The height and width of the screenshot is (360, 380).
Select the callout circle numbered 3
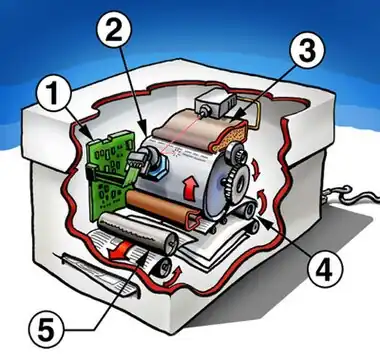click(x=307, y=50)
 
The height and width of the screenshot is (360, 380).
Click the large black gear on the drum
click(x=238, y=182)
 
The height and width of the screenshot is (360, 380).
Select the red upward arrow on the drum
click(x=189, y=189)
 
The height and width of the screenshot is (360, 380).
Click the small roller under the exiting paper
click(x=162, y=268)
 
